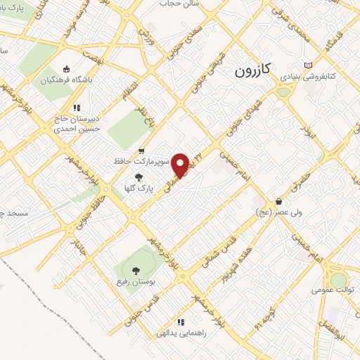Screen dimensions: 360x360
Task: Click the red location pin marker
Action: (181, 165)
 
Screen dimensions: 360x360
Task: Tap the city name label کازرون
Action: (253, 72)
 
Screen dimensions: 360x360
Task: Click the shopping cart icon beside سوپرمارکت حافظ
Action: (142, 150)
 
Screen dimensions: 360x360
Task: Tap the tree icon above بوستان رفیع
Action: (136, 271)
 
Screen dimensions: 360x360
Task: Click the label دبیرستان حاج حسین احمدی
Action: (77, 123)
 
